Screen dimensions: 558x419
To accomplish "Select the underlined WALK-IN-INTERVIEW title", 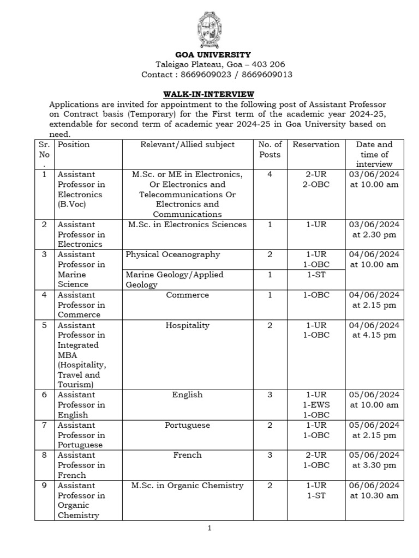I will (209, 94).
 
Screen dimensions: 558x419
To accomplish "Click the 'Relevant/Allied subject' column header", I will (188, 144).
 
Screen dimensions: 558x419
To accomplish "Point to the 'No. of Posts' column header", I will (270, 149).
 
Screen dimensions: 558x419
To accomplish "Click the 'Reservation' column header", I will (316, 144).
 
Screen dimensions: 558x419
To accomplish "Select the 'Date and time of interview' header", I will (374, 154).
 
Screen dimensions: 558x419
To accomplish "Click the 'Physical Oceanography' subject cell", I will (173, 254).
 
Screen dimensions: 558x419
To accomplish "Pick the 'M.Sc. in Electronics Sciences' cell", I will (187, 225).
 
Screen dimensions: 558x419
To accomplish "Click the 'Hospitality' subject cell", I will (188, 325).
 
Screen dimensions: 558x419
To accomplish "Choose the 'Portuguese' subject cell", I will (188, 425).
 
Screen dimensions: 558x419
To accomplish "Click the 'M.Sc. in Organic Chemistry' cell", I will (188, 486).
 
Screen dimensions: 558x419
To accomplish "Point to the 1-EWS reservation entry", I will (316, 405).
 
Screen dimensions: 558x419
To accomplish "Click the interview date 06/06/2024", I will (374, 486).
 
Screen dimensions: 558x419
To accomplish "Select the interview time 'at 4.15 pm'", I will (374, 335).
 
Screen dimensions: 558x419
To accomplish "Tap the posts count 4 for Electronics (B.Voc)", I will (270, 174).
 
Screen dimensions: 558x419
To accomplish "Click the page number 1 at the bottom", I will (209, 528).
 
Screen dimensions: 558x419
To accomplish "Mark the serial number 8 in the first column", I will (44, 455).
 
